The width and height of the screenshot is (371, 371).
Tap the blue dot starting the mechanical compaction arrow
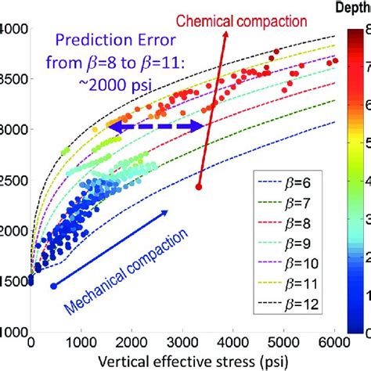click(53, 286)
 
